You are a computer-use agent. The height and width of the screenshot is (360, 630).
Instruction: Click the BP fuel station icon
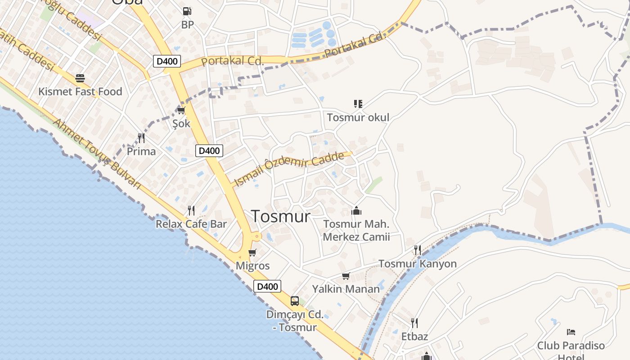coord(187,11)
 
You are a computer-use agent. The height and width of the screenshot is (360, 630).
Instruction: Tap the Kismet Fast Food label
coord(80,92)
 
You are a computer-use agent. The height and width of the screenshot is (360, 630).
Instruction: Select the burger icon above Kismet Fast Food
coord(80,79)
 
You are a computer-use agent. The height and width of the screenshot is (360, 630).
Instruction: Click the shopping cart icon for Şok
coord(181,110)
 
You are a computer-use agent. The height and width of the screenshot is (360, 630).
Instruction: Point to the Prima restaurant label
coord(141,151)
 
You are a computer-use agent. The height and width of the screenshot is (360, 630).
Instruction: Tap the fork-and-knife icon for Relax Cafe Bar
coord(191,210)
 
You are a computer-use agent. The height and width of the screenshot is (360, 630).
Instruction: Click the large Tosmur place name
coord(281,216)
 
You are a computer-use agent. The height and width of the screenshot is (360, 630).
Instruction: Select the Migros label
coord(252,265)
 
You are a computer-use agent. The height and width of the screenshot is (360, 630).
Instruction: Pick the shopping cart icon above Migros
coord(252,252)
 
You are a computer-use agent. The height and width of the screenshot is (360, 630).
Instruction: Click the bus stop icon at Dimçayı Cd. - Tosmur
coord(295,301)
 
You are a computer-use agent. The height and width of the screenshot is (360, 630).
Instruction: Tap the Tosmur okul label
coord(358,117)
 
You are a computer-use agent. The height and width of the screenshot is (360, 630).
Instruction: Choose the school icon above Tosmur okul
coord(358,104)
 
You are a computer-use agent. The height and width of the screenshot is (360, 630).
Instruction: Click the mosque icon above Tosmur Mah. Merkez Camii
coord(356,211)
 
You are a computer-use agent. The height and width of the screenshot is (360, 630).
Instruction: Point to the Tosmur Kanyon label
coord(418,264)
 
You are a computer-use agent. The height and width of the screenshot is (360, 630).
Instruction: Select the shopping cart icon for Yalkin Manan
coord(346,276)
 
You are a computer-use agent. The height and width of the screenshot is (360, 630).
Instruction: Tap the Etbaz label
coord(414,337)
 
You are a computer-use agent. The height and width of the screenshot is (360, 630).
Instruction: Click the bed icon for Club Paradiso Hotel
coord(571,333)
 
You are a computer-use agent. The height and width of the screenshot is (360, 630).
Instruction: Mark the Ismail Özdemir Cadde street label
coord(290,168)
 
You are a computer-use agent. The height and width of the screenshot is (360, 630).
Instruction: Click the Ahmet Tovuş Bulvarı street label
coord(97,153)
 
